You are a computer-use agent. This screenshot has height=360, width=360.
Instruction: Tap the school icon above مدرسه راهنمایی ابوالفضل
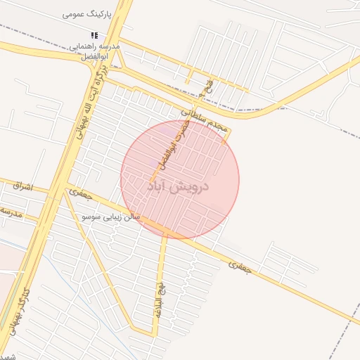[x=94, y=35]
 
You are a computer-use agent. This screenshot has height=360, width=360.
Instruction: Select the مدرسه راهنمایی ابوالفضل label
[x=94, y=51]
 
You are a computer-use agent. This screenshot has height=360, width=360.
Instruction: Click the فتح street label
[x=207, y=88]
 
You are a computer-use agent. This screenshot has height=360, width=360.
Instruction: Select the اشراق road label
[x=22, y=186]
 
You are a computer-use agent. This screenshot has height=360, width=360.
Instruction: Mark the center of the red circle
[x=180, y=179]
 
